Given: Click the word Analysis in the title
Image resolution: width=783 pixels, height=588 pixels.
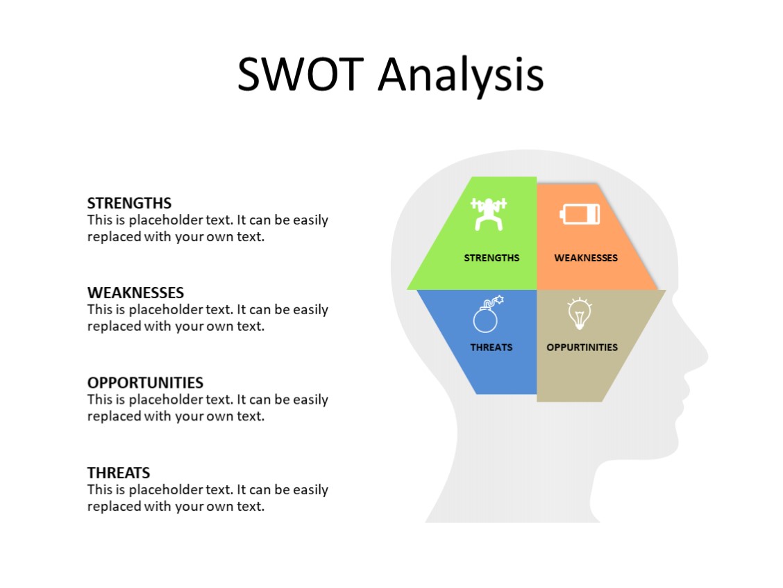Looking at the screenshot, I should [x=461, y=75].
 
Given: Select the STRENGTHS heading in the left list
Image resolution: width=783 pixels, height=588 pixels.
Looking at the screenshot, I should [x=129, y=203].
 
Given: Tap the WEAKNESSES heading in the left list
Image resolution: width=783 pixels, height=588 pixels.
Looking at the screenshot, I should [x=135, y=293].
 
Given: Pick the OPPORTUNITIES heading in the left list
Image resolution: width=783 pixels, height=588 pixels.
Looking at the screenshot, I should [x=145, y=382].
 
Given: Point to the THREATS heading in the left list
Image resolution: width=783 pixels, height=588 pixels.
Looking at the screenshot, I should [x=119, y=473].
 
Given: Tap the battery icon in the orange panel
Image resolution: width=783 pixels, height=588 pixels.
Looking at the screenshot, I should [x=580, y=213].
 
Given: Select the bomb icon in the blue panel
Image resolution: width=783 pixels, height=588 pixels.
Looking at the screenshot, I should [x=487, y=315].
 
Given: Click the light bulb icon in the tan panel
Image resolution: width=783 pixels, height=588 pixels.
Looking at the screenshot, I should [x=579, y=313].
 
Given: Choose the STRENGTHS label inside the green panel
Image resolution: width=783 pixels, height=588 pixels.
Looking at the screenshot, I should [x=491, y=258].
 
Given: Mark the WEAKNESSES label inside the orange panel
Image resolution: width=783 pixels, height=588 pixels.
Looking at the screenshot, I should [x=586, y=258].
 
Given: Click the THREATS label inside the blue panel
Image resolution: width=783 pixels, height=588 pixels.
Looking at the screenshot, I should [x=491, y=348].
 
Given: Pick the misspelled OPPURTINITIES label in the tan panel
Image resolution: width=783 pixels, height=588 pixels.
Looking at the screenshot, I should [x=582, y=348].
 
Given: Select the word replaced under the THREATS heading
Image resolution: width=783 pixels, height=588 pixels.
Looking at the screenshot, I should [x=115, y=506].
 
